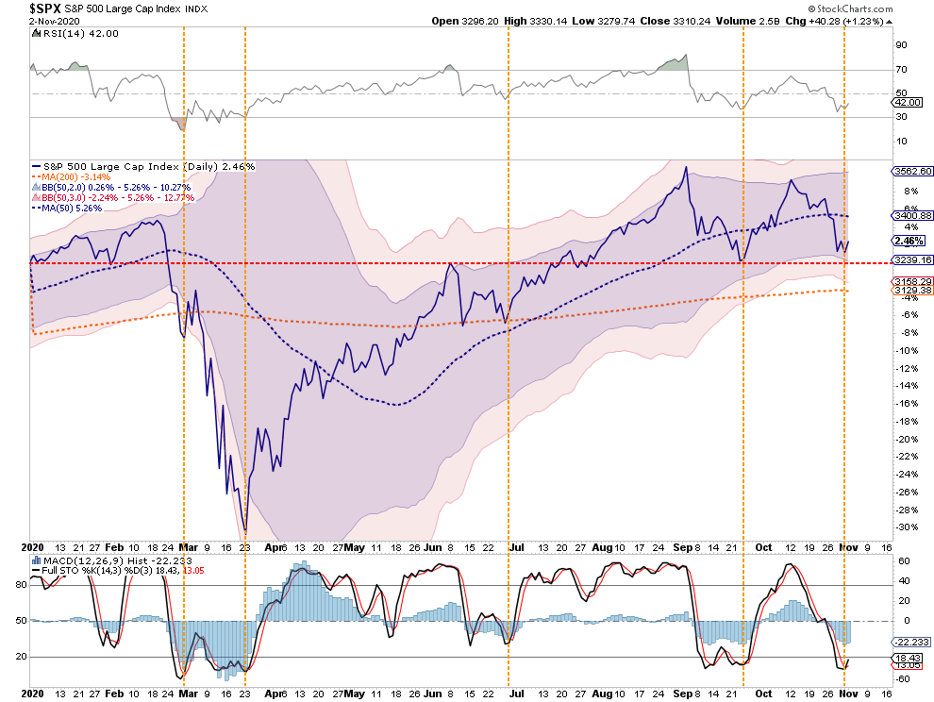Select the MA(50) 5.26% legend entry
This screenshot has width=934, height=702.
[x=71, y=208]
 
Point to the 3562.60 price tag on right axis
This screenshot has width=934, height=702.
[x=911, y=172]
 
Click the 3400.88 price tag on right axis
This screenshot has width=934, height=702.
[x=911, y=215]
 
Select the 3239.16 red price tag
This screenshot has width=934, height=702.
[x=911, y=259]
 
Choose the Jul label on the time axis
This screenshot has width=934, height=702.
[x=517, y=545]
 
